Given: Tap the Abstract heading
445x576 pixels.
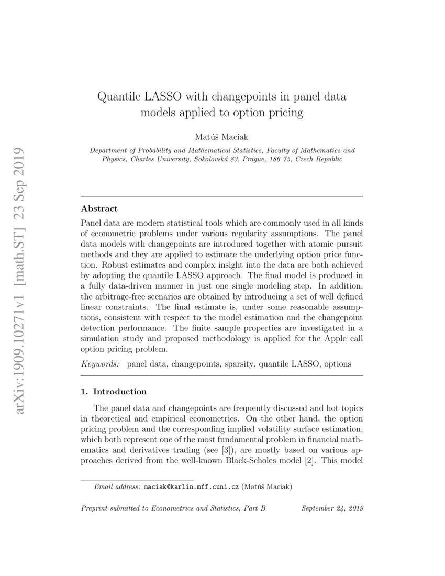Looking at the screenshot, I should (x=99, y=208).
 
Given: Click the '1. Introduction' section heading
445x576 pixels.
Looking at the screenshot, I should (x=113, y=391).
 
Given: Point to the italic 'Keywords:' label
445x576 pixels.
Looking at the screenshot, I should (x=99, y=363).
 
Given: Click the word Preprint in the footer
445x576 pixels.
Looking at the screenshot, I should (x=93, y=508).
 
